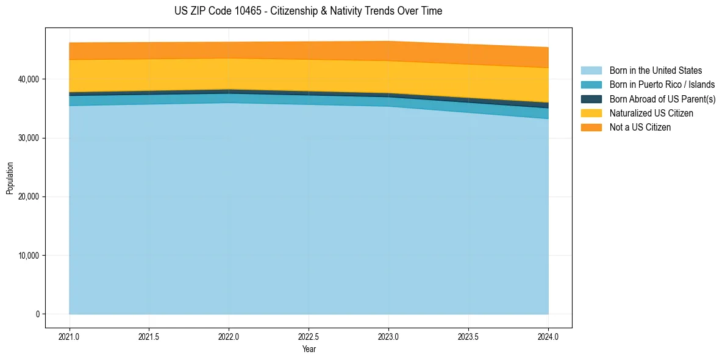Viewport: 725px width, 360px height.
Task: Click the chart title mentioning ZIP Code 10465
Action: (x=308, y=11)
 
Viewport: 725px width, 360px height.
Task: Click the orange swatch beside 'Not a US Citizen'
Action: (x=591, y=128)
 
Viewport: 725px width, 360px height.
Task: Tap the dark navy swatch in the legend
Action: (x=591, y=99)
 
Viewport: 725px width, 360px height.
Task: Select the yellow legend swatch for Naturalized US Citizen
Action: (x=591, y=113)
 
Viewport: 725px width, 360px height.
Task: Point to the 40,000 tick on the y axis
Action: (x=28, y=79)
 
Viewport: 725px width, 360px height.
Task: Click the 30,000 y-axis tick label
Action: (x=28, y=138)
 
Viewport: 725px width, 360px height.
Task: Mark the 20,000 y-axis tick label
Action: (x=28, y=196)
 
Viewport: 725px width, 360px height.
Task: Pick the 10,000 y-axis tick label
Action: (x=28, y=256)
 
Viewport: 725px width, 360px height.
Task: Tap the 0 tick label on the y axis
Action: (x=37, y=314)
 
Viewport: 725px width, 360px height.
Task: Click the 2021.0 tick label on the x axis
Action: (x=70, y=336)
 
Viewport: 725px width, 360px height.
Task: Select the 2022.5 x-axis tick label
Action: (x=309, y=336)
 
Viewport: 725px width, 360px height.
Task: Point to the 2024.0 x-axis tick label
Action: (x=548, y=336)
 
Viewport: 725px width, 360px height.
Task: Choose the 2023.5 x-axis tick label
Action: (x=468, y=336)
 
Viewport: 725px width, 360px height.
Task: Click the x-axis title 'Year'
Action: (x=309, y=349)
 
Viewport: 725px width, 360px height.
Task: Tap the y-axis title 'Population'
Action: (x=10, y=178)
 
